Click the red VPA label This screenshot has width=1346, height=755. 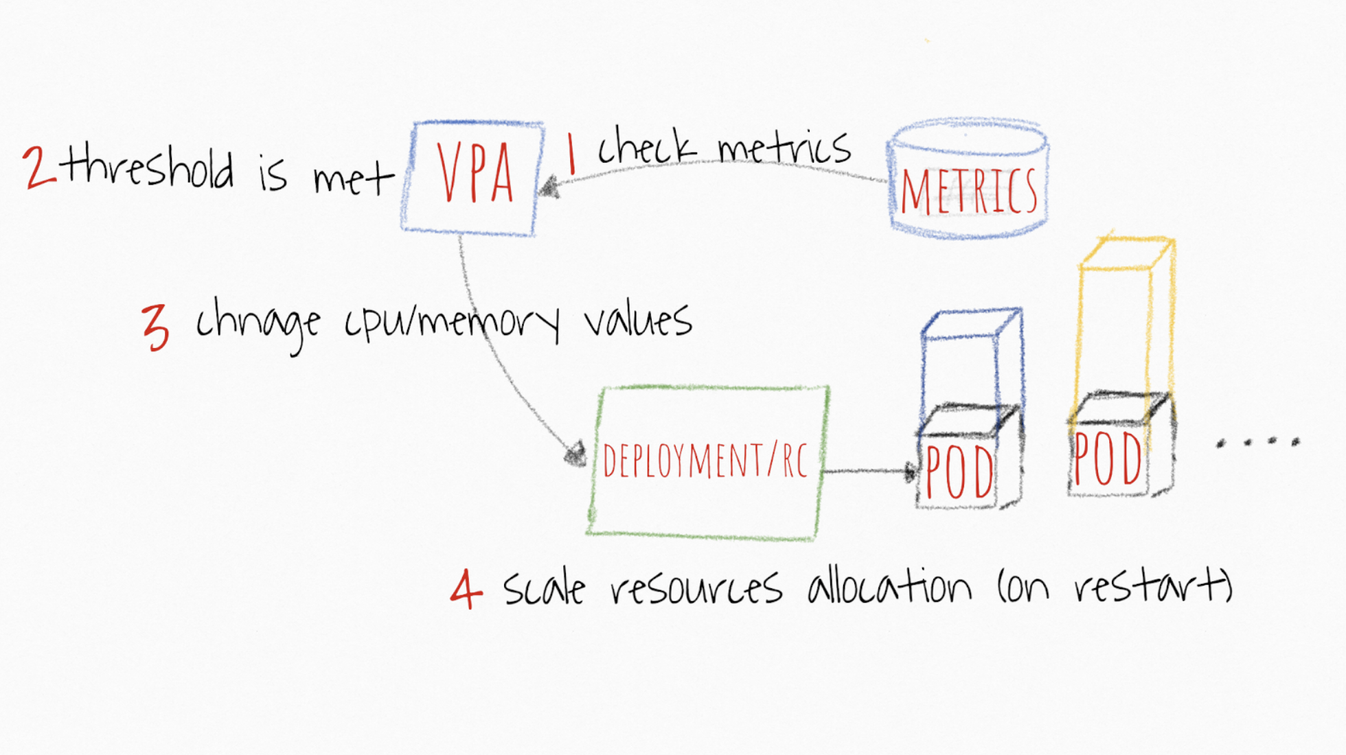pyautogui.click(x=475, y=173)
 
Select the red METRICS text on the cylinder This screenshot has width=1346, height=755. pyautogui.click(x=968, y=191)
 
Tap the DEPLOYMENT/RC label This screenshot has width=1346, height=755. pyautogui.click(x=705, y=460)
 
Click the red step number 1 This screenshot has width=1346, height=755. pyautogui.click(x=571, y=154)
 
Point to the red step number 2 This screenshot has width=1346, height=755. pyautogui.click(x=39, y=167)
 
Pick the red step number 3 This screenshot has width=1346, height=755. pyautogui.click(x=155, y=328)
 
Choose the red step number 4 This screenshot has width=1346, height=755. pyautogui.click(x=466, y=589)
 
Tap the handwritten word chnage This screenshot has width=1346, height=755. pyautogui.click(x=258, y=325)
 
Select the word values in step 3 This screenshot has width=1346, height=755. pyautogui.click(x=638, y=321)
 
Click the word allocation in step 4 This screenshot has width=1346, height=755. pyautogui.click(x=889, y=587)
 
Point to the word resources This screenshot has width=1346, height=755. pyautogui.click(x=696, y=590)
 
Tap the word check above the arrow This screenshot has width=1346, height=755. pyautogui.click(x=647, y=147)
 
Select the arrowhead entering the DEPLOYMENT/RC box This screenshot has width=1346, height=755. pyautogui.click(x=575, y=454)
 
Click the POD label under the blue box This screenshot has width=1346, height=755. pyautogui.click(x=959, y=472)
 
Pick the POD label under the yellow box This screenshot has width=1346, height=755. pyautogui.click(x=1108, y=458)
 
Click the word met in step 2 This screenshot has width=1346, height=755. pyautogui.click(x=354, y=181)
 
